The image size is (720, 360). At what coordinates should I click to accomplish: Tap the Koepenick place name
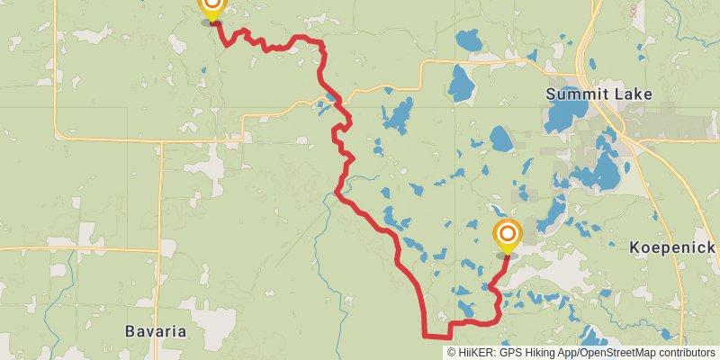click(672, 247)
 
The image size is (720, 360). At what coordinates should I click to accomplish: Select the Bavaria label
click(156, 331)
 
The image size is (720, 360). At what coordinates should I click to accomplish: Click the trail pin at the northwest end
click(211, 7)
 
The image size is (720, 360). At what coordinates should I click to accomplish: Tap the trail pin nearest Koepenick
click(507, 236)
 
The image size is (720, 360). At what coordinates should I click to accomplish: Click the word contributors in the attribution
click(687, 353)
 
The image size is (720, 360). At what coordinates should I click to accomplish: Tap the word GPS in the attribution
click(510, 353)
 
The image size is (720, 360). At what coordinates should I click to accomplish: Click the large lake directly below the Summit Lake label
click(563, 115)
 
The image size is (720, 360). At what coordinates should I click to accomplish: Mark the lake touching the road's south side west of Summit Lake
click(461, 85)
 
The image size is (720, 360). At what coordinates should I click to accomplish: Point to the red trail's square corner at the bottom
click(424, 335)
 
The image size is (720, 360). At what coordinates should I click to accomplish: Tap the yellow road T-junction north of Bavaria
click(159, 248)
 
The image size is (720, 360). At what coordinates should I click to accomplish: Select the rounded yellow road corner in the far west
click(58, 135)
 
